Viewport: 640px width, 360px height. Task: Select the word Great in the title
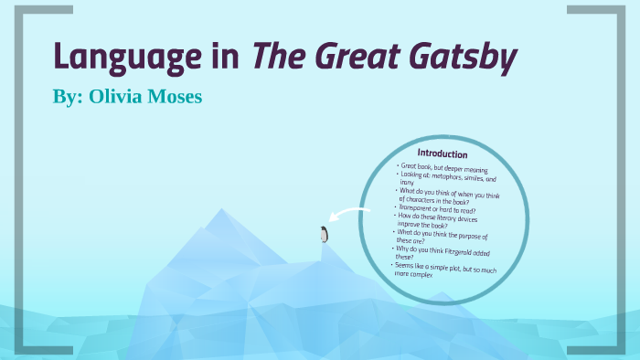351,58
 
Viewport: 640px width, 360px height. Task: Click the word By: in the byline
69,97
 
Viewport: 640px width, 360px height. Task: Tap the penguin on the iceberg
323,234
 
